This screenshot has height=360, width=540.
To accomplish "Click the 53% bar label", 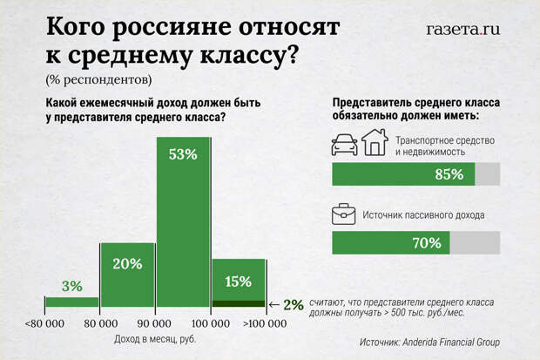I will pyautogui.click(x=183, y=154).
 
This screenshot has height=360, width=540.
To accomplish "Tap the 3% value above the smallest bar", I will pyautogui.click(x=71, y=286).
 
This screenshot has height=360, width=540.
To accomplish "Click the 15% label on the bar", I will pyautogui.click(x=238, y=282).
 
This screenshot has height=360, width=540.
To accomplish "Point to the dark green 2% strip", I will pyautogui.click(x=238, y=303).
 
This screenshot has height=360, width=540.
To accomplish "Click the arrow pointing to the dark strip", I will pyautogui.click(x=274, y=304).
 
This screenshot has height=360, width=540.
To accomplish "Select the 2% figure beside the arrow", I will pyautogui.click(x=294, y=304).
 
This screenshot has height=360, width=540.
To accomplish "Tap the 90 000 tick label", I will pyautogui.click(x=154, y=324).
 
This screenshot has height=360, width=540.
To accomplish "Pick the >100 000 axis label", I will pyautogui.click(x=264, y=324).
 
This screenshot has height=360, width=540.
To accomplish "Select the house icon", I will pyautogui.click(x=375, y=142).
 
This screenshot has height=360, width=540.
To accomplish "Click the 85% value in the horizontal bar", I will pyautogui.click(x=448, y=173).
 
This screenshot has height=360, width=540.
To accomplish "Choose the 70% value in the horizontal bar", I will pyautogui.click(x=427, y=243).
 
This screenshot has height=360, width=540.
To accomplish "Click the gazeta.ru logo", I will pyautogui.click(x=463, y=29).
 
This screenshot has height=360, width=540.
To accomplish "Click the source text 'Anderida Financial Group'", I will pyautogui.click(x=468, y=342).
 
